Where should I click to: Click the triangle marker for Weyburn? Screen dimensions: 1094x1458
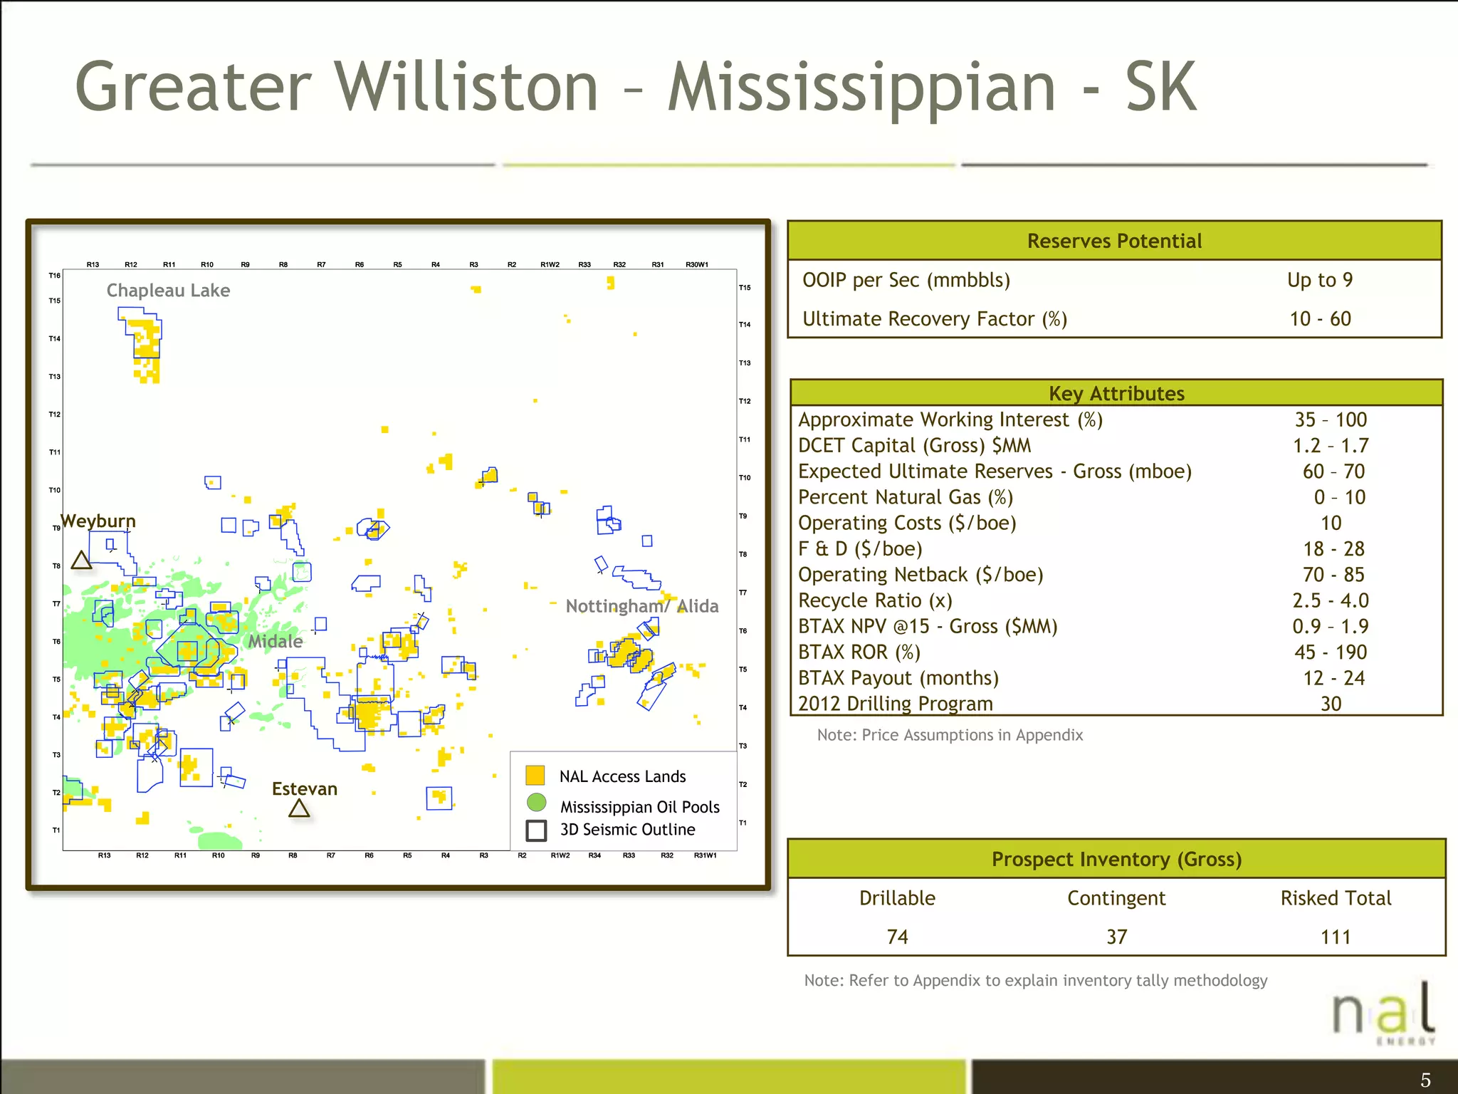[82, 561]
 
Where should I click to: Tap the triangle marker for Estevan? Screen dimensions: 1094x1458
[299, 808]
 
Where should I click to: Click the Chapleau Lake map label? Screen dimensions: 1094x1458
[168, 291]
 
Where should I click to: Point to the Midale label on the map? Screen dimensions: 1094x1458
[275, 642]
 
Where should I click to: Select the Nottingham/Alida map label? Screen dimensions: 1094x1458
[641, 606]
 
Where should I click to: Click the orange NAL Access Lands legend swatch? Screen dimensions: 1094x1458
[535, 775]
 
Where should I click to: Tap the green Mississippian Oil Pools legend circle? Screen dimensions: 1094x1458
[536, 803]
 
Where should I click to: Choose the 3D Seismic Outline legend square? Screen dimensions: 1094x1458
[536, 830]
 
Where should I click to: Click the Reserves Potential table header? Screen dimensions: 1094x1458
[1114, 241]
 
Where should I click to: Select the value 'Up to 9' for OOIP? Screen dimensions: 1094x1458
[1320, 280]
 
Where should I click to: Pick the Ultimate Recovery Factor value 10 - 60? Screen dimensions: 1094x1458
[1320, 319]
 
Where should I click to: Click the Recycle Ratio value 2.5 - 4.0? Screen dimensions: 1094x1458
[1330, 600]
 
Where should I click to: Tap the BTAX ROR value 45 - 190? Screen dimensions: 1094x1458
[1330, 652]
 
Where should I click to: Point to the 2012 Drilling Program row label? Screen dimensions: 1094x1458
[895, 704]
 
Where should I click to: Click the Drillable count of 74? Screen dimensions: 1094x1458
[897, 937]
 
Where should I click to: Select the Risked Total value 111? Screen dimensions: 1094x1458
[1335, 937]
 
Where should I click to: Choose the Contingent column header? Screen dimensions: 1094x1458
[1116, 898]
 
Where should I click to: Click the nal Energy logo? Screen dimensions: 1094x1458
[1383, 1011]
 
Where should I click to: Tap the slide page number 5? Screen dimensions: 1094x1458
[1425, 1080]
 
